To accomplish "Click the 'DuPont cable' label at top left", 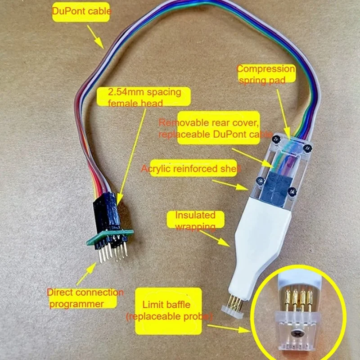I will tap(81, 12).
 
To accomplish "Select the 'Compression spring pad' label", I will tap(265, 74).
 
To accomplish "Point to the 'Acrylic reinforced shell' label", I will tap(191, 169).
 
